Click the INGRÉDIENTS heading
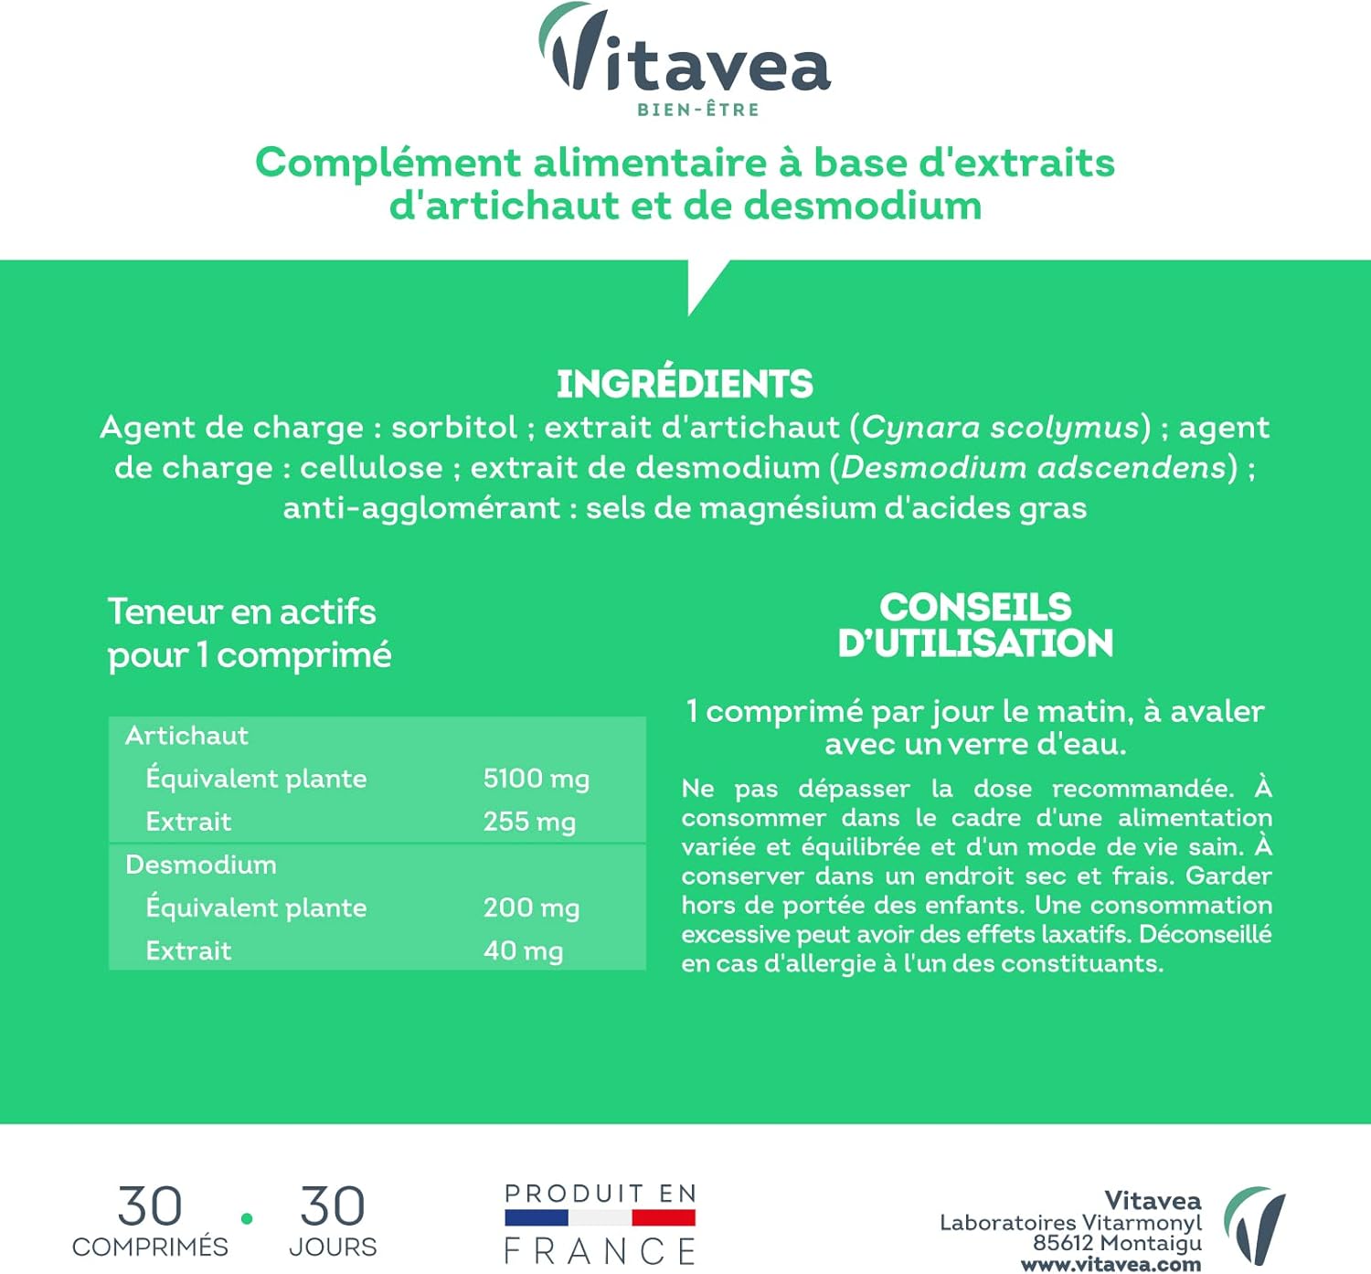pyautogui.click(x=685, y=384)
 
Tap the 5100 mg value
pyautogui.click(x=536, y=779)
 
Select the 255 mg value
pyautogui.click(x=529, y=822)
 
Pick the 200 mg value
pyautogui.click(x=531, y=908)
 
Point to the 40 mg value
pyautogui.click(x=523, y=950)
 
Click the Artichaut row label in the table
pyautogui.click(x=186, y=736)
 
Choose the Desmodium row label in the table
pyautogui.click(x=200, y=865)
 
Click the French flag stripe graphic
pyautogui.click(x=600, y=1217)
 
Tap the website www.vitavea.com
pyautogui.click(x=1111, y=1265)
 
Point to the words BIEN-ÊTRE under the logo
pyautogui.click(x=698, y=110)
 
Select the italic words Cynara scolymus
pyautogui.click(x=1001, y=427)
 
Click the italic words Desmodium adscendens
pyautogui.click(x=1033, y=467)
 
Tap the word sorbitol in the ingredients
pyautogui.click(x=454, y=427)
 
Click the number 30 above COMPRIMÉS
pyautogui.click(x=150, y=1206)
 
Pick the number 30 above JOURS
pyautogui.click(x=333, y=1206)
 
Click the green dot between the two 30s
pyautogui.click(x=247, y=1218)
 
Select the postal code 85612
pyautogui.click(x=1062, y=1243)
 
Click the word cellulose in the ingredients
pyautogui.click(x=371, y=467)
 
